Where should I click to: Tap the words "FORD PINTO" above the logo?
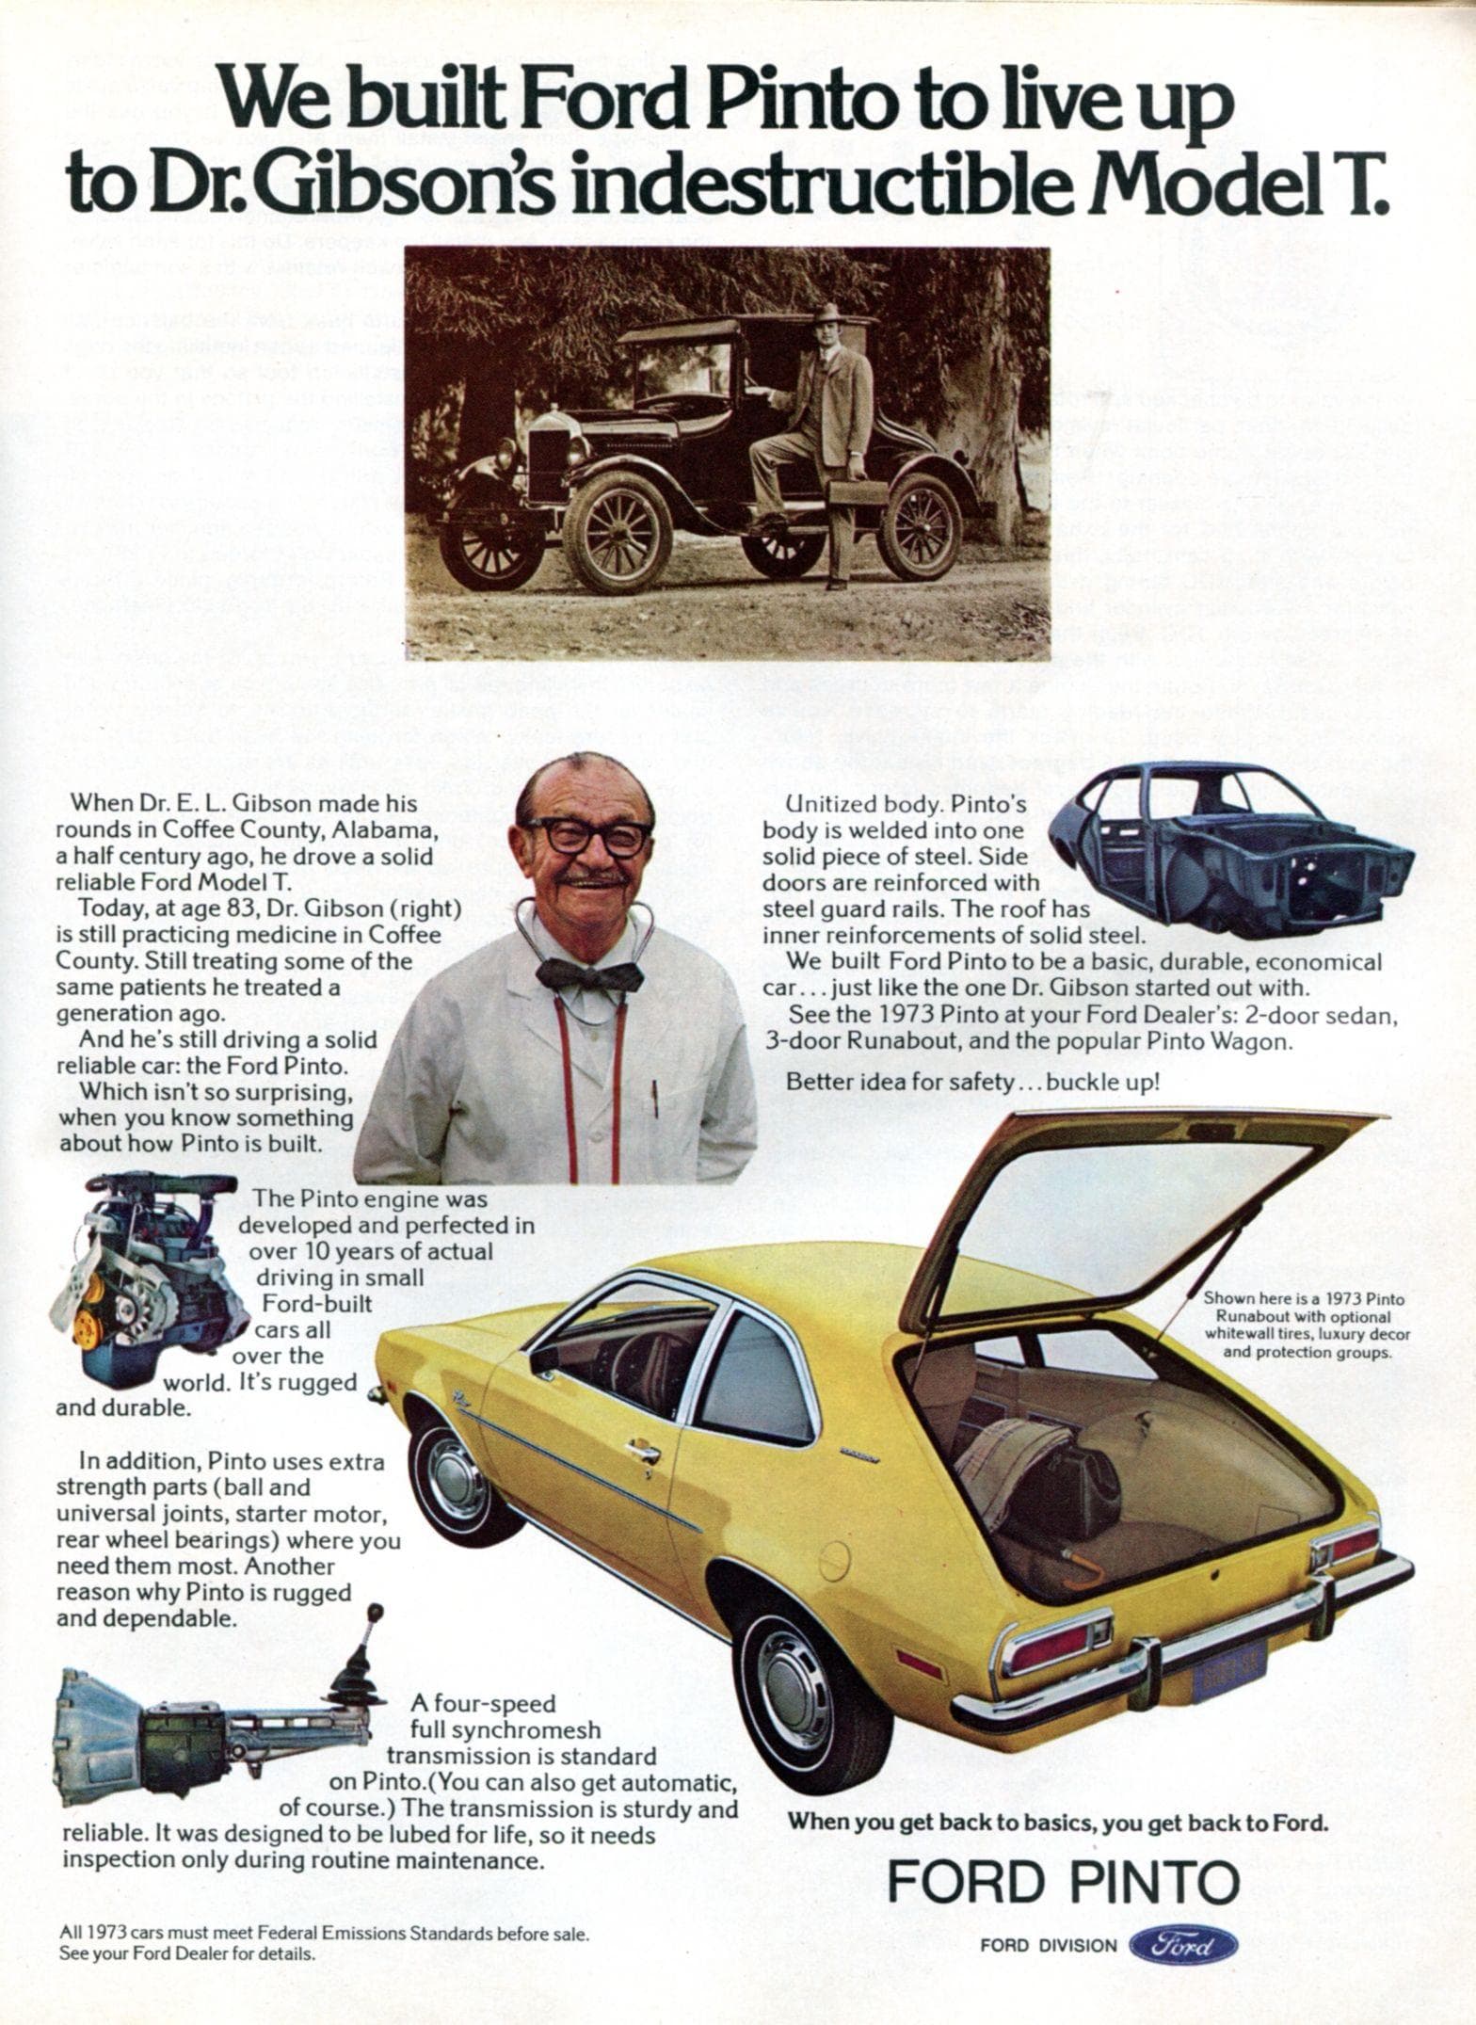(1063, 1884)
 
